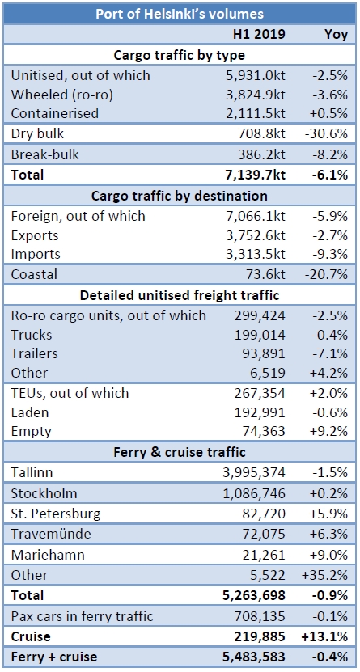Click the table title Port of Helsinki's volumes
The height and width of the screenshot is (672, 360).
(180, 14)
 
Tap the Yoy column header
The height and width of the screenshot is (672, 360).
(332, 34)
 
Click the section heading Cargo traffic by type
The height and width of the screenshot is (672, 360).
(180, 55)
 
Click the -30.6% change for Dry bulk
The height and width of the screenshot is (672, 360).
(328, 134)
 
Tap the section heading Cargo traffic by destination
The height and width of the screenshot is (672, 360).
(180, 196)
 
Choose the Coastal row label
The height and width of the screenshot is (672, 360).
(34, 275)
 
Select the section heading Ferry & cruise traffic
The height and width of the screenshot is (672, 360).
(180, 452)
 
